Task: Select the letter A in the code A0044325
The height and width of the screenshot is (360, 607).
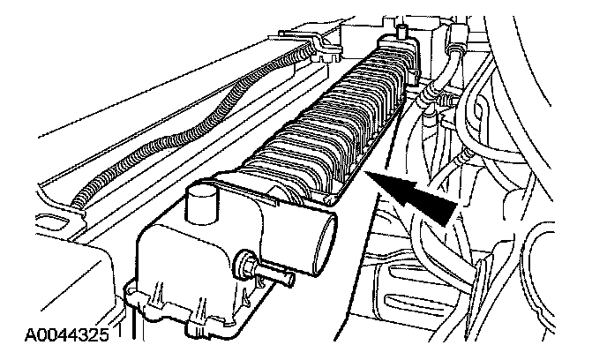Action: tap(30, 335)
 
